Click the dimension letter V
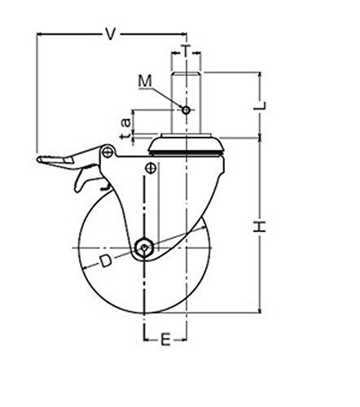click(x=110, y=34)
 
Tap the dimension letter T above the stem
click(x=186, y=50)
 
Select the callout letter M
click(x=145, y=81)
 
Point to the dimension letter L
click(x=260, y=105)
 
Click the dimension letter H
click(x=260, y=226)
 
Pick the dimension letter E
click(x=165, y=339)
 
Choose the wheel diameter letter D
click(x=105, y=260)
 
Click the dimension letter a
click(x=125, y=123)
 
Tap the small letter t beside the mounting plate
click(x=125, y=136)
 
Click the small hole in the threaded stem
click(x=186, y=110)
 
